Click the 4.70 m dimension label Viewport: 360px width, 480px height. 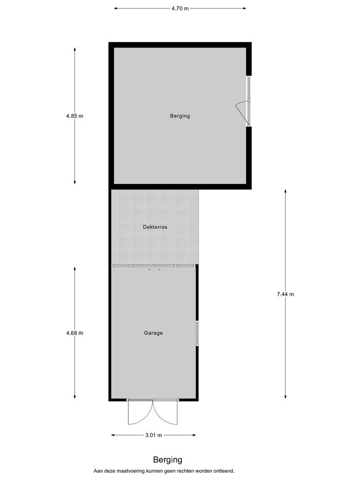(x=180, y=8)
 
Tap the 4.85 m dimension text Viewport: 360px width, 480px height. (x=75, y=116)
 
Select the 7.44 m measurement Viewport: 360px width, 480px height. (x=285, y=294)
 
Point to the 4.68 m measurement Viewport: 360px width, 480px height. (x=75, y=333)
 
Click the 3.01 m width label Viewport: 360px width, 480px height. (x=153, y=435)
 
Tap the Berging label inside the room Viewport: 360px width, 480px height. (x=180, y=116)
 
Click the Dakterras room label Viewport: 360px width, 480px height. (x=155, y=227)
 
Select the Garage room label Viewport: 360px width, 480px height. (x=153, y=332)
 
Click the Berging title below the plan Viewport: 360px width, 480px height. (x=168, y=460)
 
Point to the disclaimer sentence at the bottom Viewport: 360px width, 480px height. (x=164, y=471)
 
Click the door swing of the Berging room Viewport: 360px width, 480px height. (x=241, y=111)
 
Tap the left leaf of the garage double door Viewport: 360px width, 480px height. (x=139, y=412)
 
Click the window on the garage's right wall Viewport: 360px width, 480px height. (x=197, y=333)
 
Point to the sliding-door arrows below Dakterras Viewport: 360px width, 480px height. (x=154, y=270)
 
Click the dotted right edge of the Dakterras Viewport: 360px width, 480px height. (x=199, y=227)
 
